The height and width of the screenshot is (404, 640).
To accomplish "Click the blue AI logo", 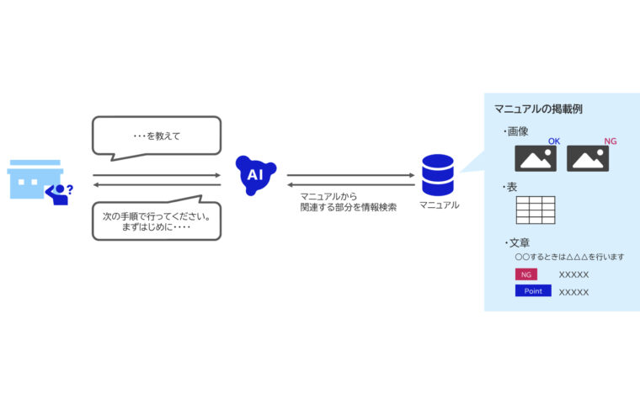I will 255,175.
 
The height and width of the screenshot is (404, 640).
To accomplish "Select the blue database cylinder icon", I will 437,174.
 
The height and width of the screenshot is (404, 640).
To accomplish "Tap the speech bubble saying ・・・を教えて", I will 156,136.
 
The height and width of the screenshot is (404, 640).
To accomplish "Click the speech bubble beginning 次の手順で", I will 156,221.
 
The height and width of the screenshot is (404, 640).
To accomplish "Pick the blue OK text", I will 554,141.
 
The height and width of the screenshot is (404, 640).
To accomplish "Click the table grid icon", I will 535,209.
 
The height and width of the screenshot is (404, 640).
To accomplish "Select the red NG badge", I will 525,274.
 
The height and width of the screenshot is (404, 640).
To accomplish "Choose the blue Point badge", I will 532,291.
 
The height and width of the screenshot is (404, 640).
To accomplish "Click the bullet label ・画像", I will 515,131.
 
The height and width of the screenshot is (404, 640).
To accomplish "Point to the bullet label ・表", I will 510,187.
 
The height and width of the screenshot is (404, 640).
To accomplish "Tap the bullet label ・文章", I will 515,242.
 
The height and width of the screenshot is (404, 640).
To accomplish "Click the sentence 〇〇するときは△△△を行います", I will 569,257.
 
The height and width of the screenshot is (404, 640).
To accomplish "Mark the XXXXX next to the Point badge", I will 573,292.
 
